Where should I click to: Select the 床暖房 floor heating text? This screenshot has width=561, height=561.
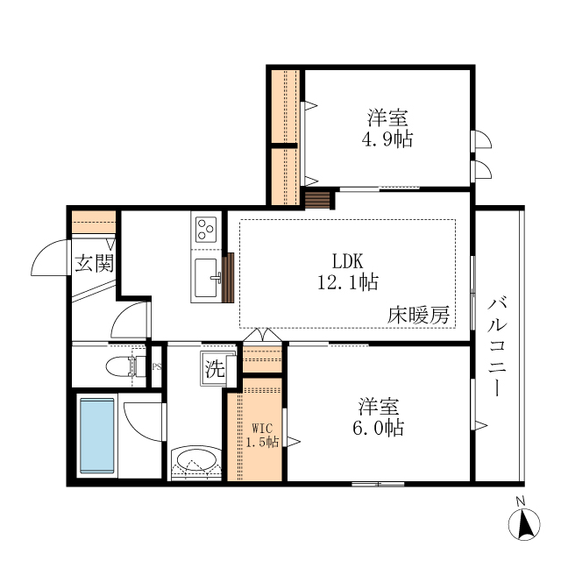[x=419, y=316]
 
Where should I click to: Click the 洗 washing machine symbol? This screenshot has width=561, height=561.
[x=215, y=369]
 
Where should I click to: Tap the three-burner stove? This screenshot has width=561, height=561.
[x=206, y=231]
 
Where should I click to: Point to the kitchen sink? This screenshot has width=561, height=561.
[x=207, y=279]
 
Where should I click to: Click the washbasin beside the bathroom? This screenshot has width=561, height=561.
[x=195, y=461]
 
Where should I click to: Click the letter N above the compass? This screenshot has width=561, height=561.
[x=520, y=501]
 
